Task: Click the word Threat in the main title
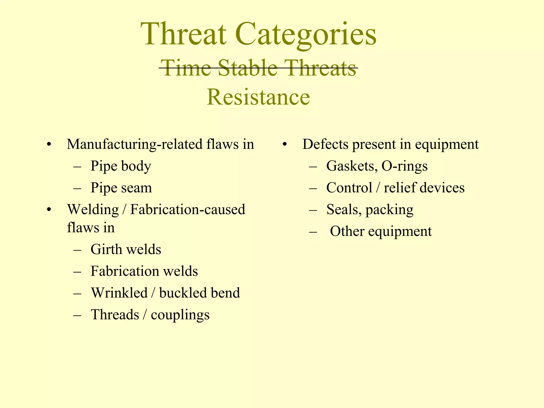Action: [x=184, y=34]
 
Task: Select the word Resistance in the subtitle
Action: [x=258, y=97]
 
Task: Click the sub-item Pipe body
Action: [x=121, y=166]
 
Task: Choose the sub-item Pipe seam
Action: [x=121, y=188]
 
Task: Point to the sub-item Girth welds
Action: [x=126, y=249]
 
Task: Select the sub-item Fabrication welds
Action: [x=144, y=271]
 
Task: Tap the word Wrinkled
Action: [x=119, y=293]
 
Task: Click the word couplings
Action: [x=180, y=315]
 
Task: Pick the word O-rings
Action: [x=404, y=166]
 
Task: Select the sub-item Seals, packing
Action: [x=370, y=210]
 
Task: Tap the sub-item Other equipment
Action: [x=381, y=231]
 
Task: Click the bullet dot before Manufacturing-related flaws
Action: [x=48, y=145]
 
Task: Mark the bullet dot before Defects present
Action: [x=284, y=145]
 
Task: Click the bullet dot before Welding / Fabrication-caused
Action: [x=48, y=210]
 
